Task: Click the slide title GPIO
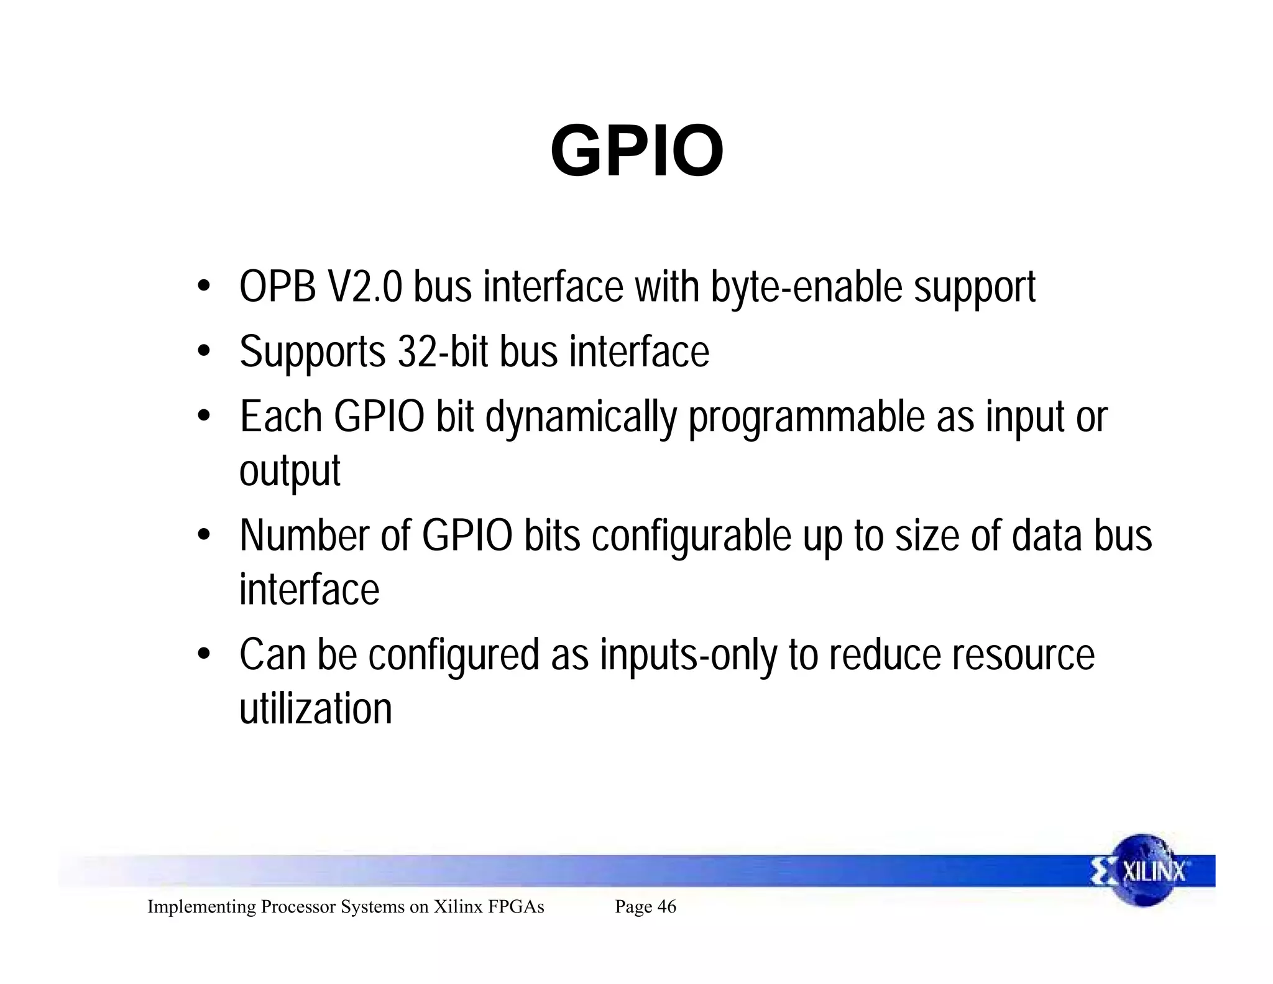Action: pyautogui.click(x=636, y=151)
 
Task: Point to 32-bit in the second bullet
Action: pyautogui.click(x=443, y=352)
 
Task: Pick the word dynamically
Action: pyautogui.click(x=581, y=418)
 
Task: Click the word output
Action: pyautogui.click(x=290, y=471)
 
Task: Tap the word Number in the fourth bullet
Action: pyautogui.click(x=305, y=536)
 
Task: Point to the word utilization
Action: pyautogui.click(x=316, y=708)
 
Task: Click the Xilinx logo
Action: pyautogui.click(x=1142, y=870)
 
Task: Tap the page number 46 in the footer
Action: pyautogui.click(x=666, y=907)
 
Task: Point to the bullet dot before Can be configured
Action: pyautogui.click(x=203, y=654)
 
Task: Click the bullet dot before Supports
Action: pyautogui.click(x=203, y=351)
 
